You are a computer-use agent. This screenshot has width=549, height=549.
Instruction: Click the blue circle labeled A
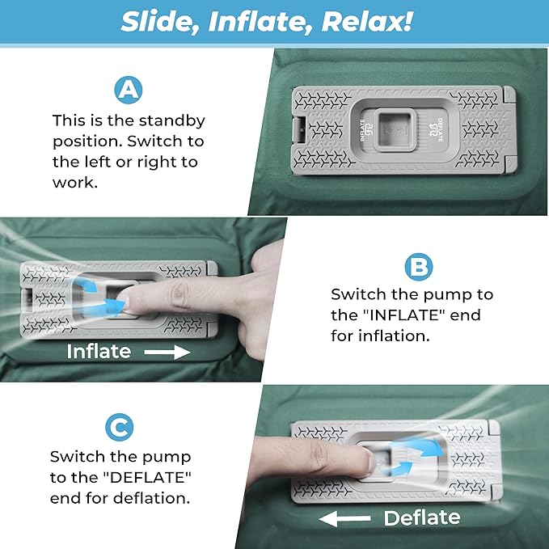[128, 89]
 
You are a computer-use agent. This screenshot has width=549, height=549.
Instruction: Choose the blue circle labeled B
[417, 266]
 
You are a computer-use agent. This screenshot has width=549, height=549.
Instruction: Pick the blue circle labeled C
[120, 427]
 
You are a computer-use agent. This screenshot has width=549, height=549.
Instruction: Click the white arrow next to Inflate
[168, 352]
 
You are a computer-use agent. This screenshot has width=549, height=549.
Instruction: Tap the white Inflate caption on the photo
[99, 352]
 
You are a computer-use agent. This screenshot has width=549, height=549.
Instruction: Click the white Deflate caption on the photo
[421, 518]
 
